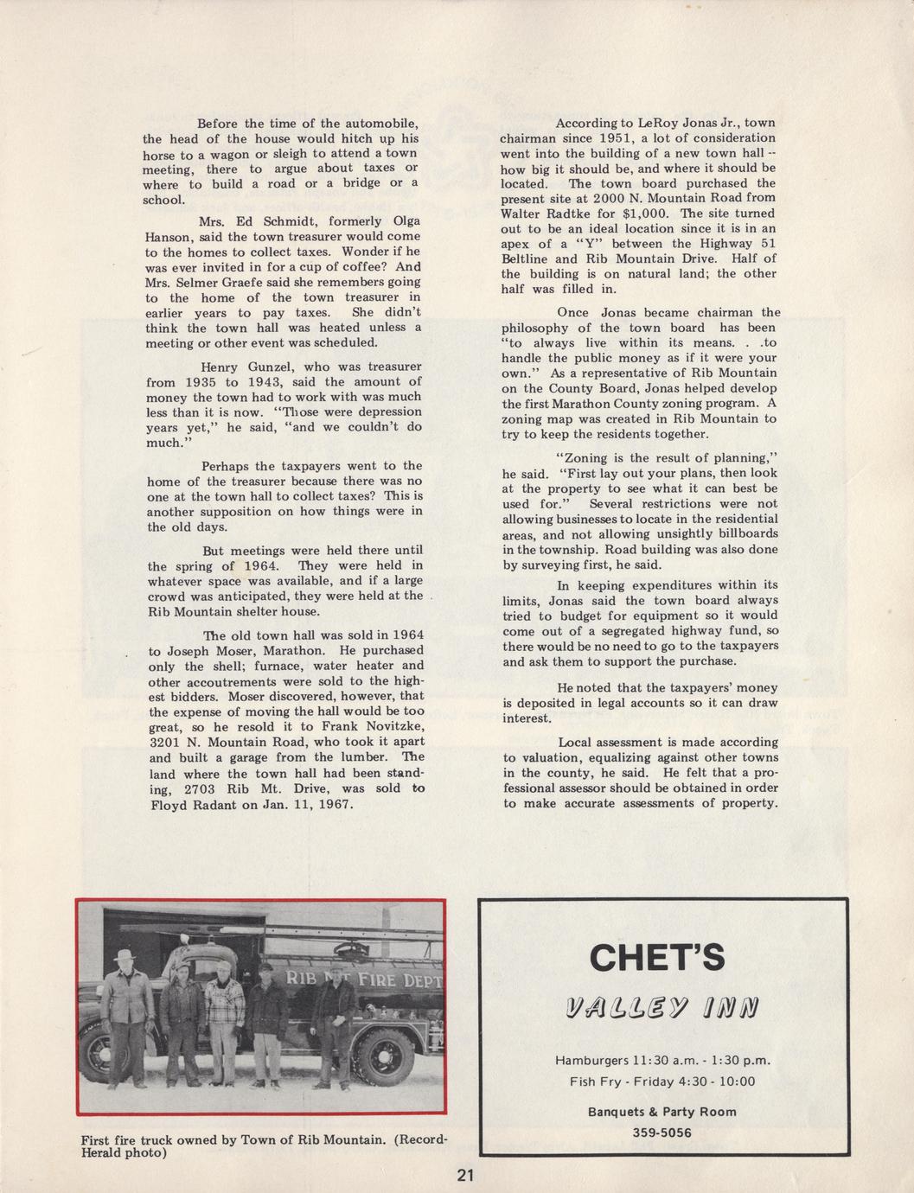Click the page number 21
(x=466, y=1175)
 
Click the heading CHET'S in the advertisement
(x=656, y=957)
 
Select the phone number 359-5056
(x=662, y=1132)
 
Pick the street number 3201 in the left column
(x=165, y=743)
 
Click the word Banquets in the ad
(x=616, y=1112)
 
